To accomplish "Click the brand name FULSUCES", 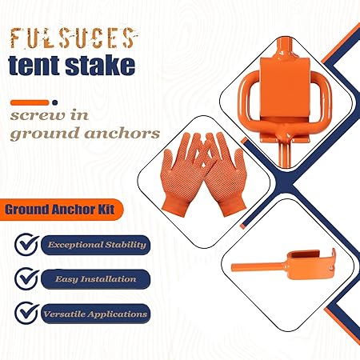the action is (x=74, y=38).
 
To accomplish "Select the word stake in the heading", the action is (x=100, y=65).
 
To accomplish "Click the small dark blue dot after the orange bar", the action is (x=55, y=102).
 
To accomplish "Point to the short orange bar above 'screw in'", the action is (x=30, y=102).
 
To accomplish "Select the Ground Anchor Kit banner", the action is (x=62, y=210).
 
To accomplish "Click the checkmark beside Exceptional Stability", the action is (x=27, y=244).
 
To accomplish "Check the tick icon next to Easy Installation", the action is (x=27, y=278).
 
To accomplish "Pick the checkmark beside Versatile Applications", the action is (x=27, y=313).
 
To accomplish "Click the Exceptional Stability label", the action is (x=96, y=245).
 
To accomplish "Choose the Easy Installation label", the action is (x=96, y=279).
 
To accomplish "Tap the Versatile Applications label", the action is (x=96, y=314).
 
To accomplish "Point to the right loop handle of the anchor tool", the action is (x=323, y=98).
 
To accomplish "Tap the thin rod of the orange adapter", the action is (x=258, y=266).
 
